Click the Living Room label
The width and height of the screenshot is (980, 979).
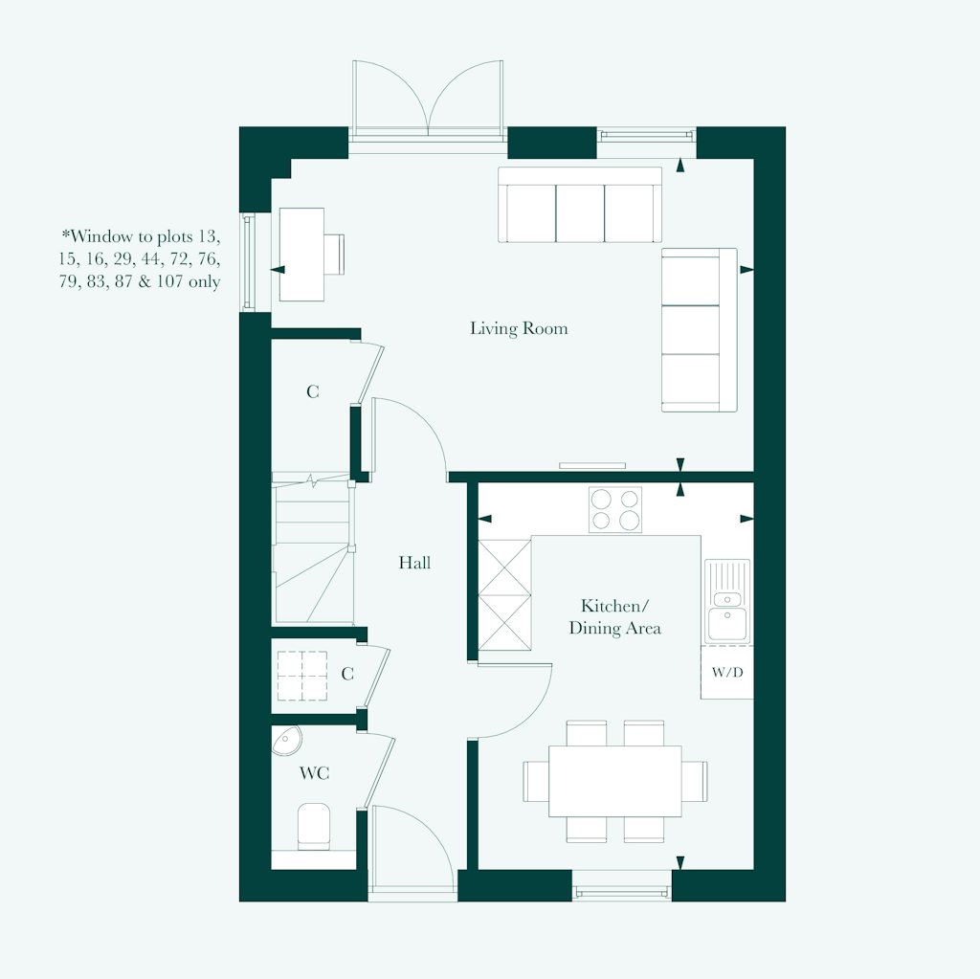coord(519,329)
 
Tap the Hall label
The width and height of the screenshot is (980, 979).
coord(414,563)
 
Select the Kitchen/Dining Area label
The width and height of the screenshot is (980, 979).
coord(614,617)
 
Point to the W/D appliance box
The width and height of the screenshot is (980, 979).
coord(726,672)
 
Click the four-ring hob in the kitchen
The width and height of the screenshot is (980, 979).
coord(615,509)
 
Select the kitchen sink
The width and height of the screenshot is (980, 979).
coord(728,601)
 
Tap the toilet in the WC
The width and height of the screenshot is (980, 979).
coord(314,826)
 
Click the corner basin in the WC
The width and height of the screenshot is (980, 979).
coord(286,740)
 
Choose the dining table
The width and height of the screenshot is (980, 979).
coord(614,781)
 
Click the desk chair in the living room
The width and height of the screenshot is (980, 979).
coord(334,254)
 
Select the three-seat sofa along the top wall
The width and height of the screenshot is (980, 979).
coord(580,206)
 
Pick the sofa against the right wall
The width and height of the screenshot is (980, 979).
coord(699,330)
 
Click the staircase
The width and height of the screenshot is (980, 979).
coord(311,549)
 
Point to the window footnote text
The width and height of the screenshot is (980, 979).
coord(141,258)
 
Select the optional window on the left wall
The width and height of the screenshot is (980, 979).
coord(249,261)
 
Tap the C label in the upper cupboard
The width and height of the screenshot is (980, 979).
coord(312,392)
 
